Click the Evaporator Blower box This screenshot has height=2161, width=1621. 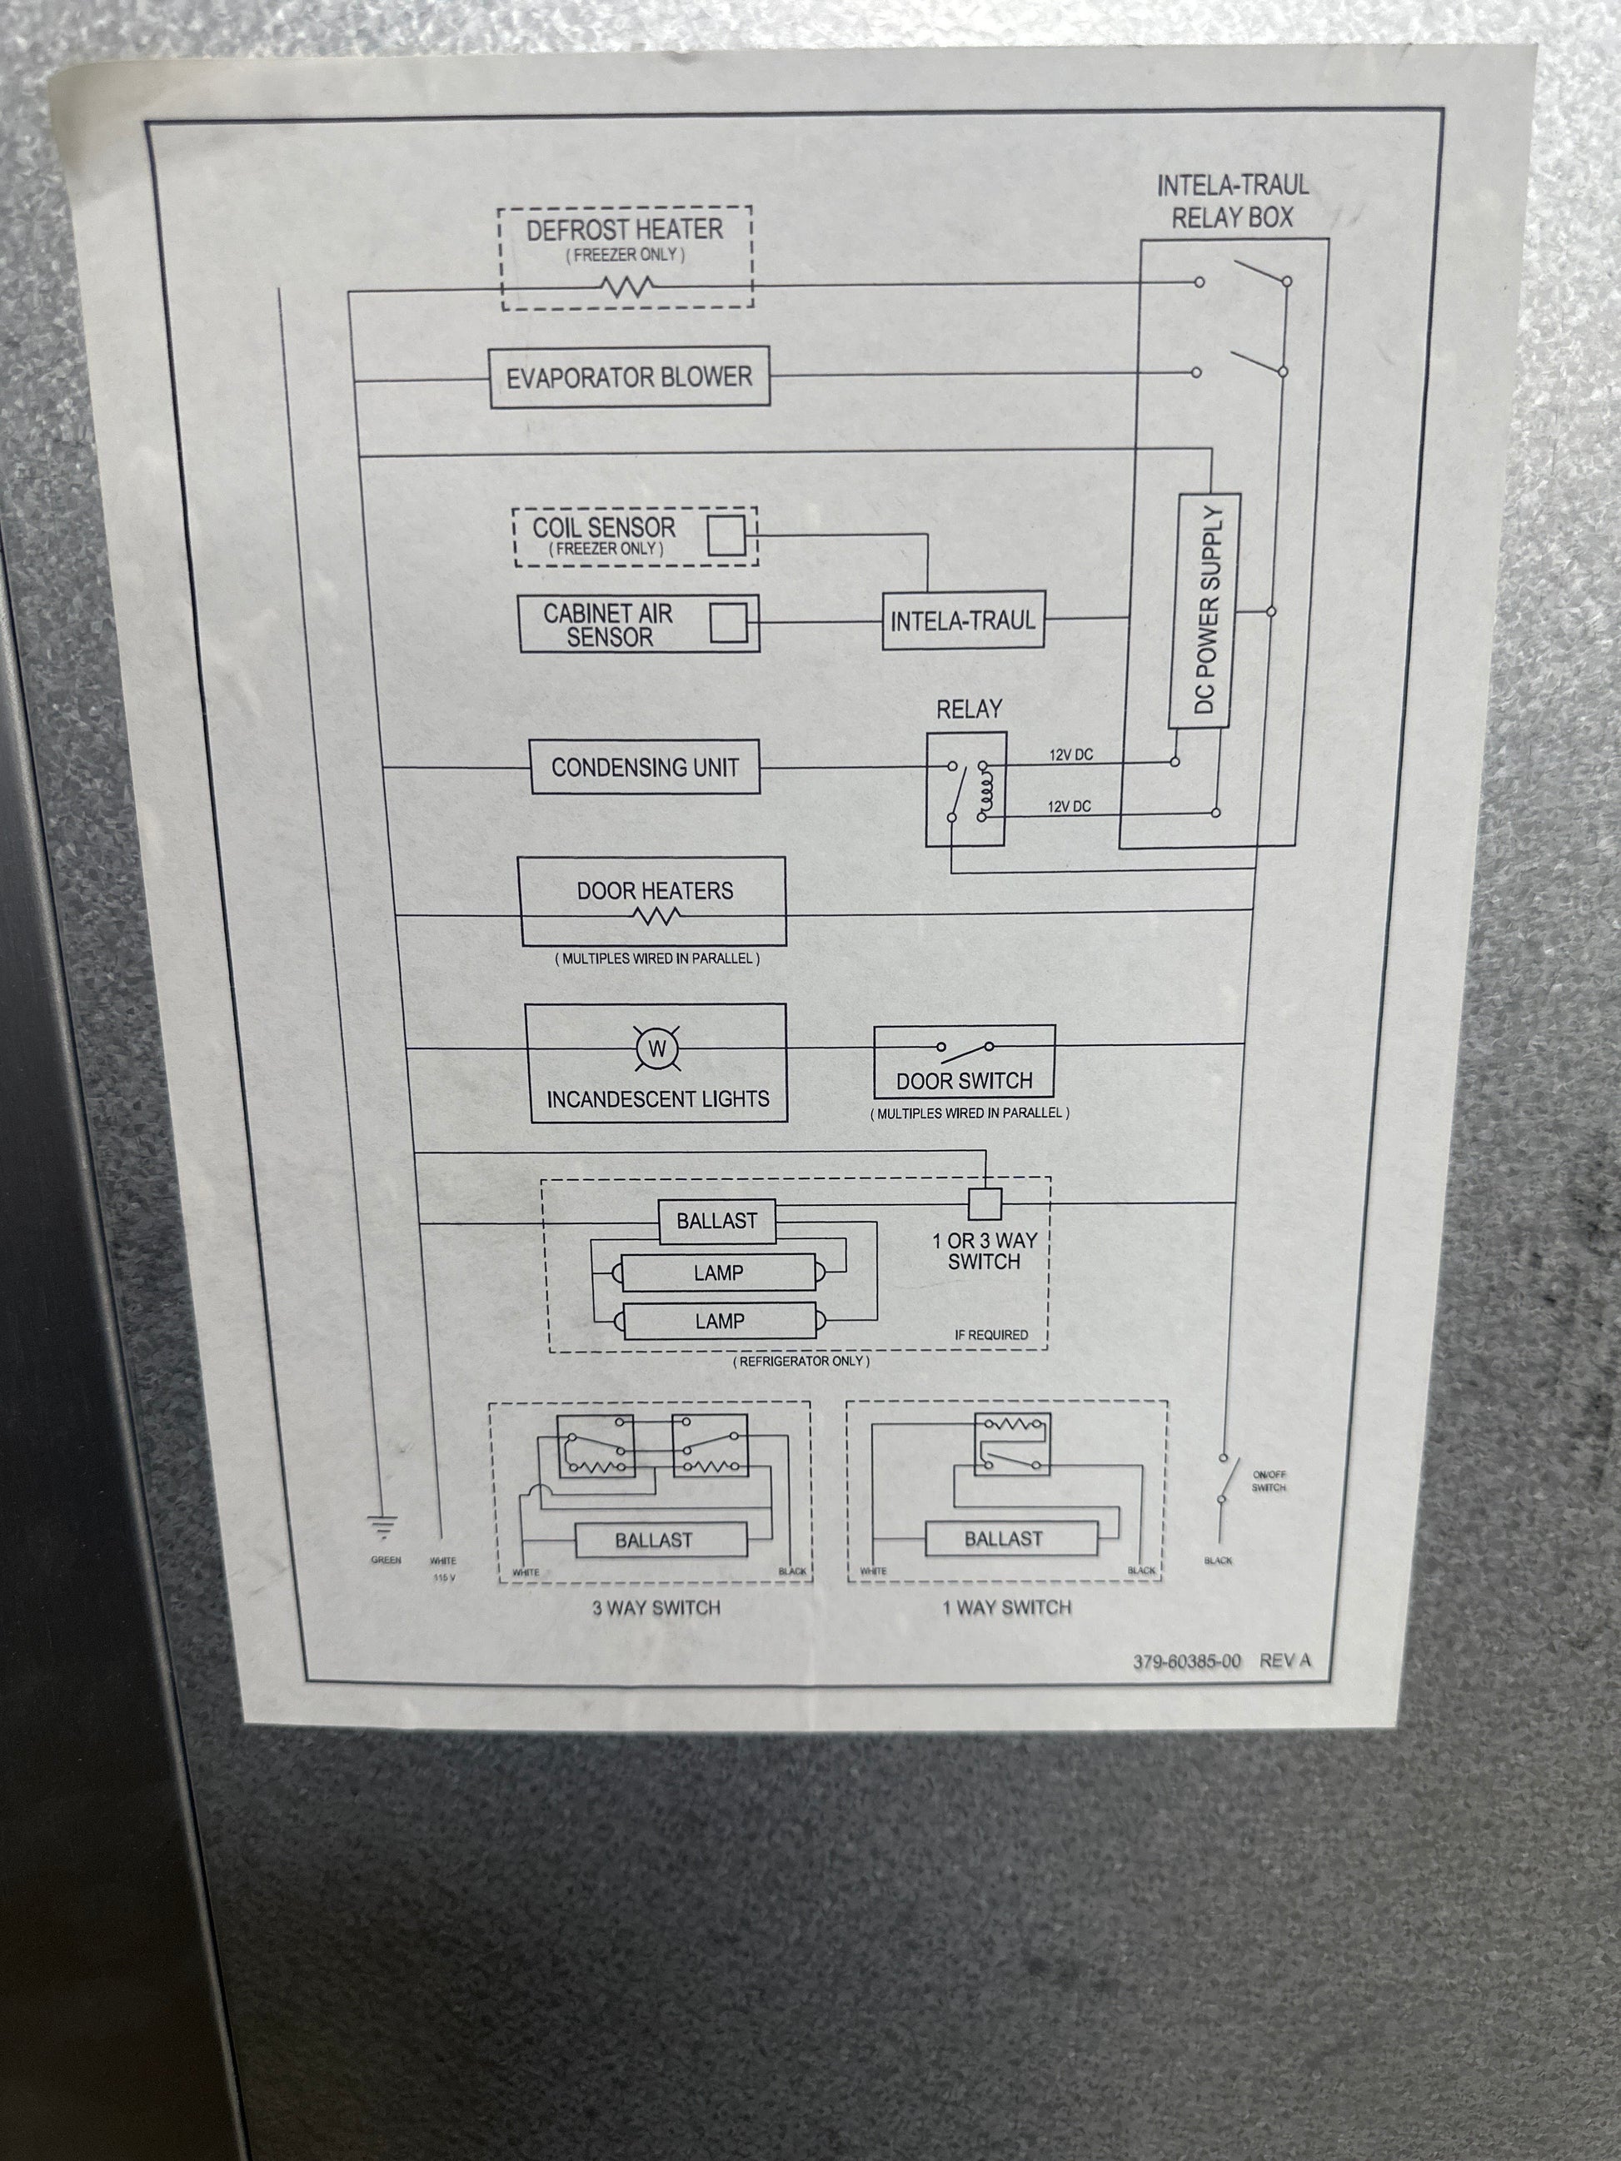coord(629,377)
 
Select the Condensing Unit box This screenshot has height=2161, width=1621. coord(645,767)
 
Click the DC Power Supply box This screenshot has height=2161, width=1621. coord(1204,610)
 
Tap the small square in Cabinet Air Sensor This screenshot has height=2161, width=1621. coord(728,623)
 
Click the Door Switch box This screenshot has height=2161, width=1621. coord(965,1062)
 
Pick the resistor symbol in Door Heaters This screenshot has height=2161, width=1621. coord(656,915)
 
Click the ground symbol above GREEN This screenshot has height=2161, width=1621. coord(382,1525)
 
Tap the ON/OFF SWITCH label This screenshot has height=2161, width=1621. coord(1269,1481)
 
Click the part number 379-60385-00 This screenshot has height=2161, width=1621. coord(1186,1661)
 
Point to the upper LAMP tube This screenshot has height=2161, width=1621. coord(718,1272)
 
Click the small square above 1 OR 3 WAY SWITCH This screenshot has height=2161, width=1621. coord(985,1204)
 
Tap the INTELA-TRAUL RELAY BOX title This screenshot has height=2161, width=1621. coord(1232,202)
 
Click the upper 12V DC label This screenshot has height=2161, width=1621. coord(1071,755)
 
